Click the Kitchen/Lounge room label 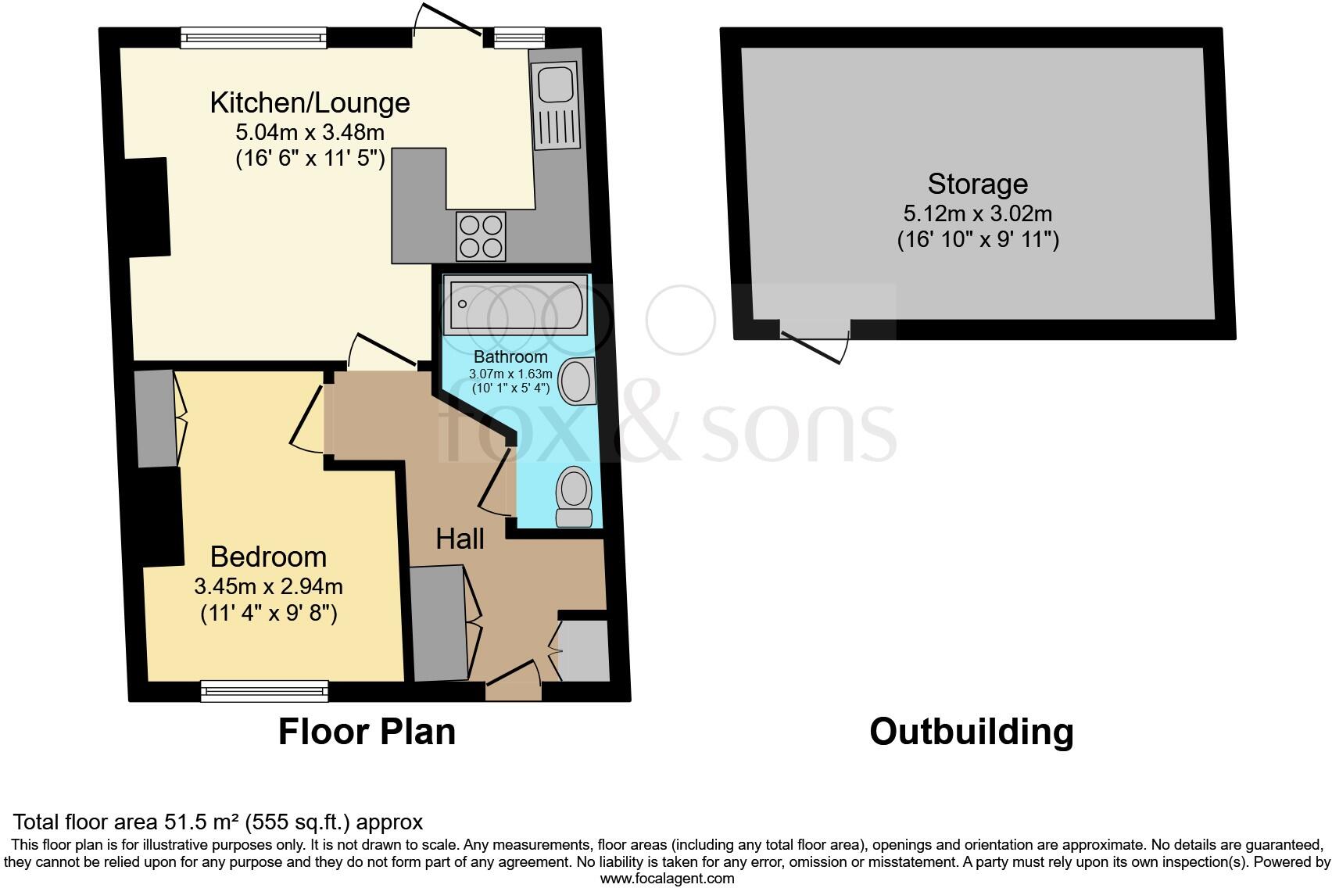point(310,102)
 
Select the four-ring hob point(481,236)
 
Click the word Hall point(460,539)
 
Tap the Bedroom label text point(268,557)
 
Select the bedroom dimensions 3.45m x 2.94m point(268,585)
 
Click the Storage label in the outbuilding point(977,184)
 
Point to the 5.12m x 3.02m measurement point(977,213)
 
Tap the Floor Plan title point(367,732)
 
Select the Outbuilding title point(971,732)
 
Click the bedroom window point(264,690)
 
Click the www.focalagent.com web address point(667,878)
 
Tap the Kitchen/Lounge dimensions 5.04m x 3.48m point(310,131)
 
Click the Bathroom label point(510,357)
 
